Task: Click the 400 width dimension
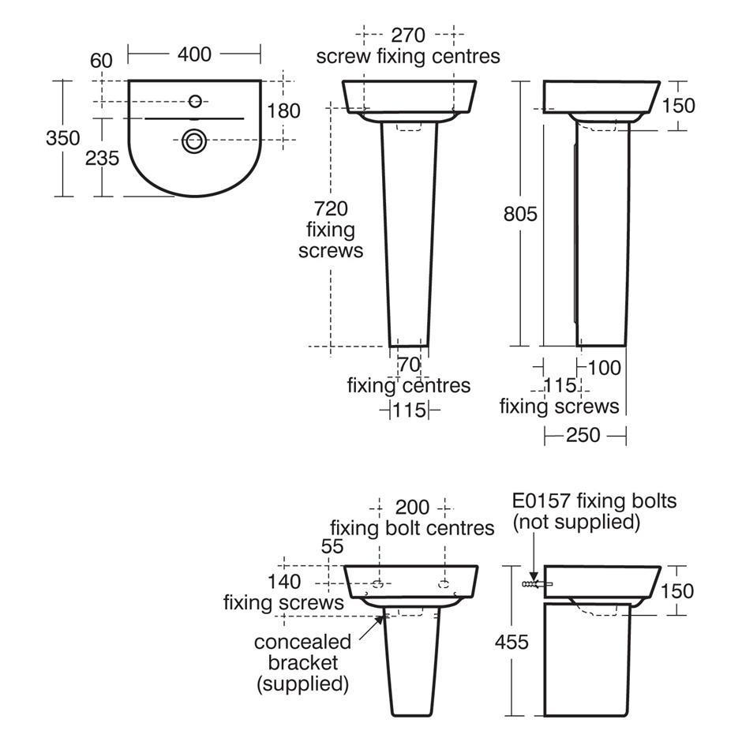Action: tap(194, 54)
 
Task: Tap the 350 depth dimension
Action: tap(63, 138)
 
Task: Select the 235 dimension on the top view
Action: tap(102, 158)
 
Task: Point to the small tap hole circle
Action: tap(195, 101)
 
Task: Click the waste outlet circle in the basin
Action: tap(194, 141)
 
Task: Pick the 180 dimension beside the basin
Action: tap(284, 111)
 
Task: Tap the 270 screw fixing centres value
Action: tap(408, 36)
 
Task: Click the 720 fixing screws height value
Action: tap(331, 208)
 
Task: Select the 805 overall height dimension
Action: tap(520, 215)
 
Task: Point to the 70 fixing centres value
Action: tap(409, 365)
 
